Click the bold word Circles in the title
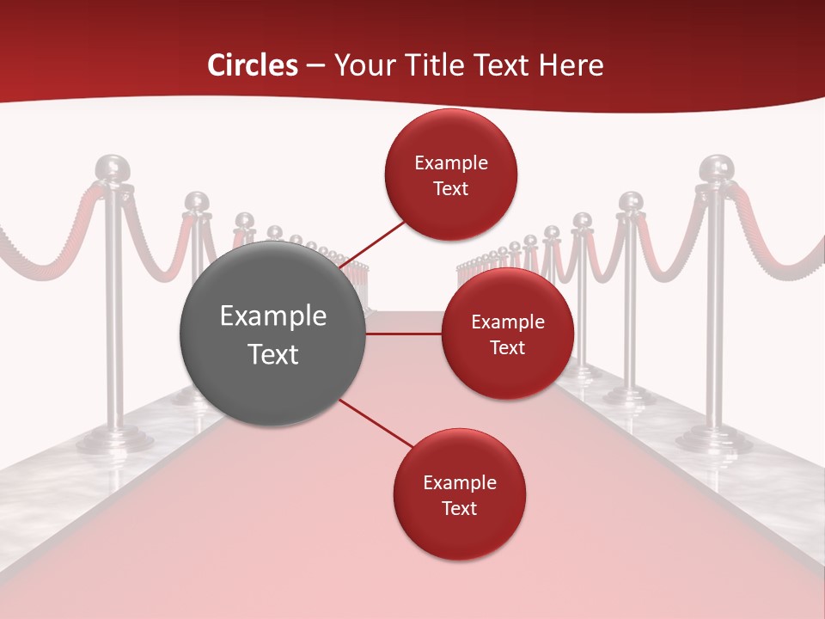(252, 65)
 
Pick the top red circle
(451, 175)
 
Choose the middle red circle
(507, 334)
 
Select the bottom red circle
(459, 494)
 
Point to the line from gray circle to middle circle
(404, 334)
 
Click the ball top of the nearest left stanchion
(112, 168)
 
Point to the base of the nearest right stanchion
(713, 438)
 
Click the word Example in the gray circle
(273, 316)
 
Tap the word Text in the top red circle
(451, 188)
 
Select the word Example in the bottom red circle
(459, 482)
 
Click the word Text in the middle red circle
(507, 347)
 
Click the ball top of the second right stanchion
(632, 203)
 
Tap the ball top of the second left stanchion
(197, 203)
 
